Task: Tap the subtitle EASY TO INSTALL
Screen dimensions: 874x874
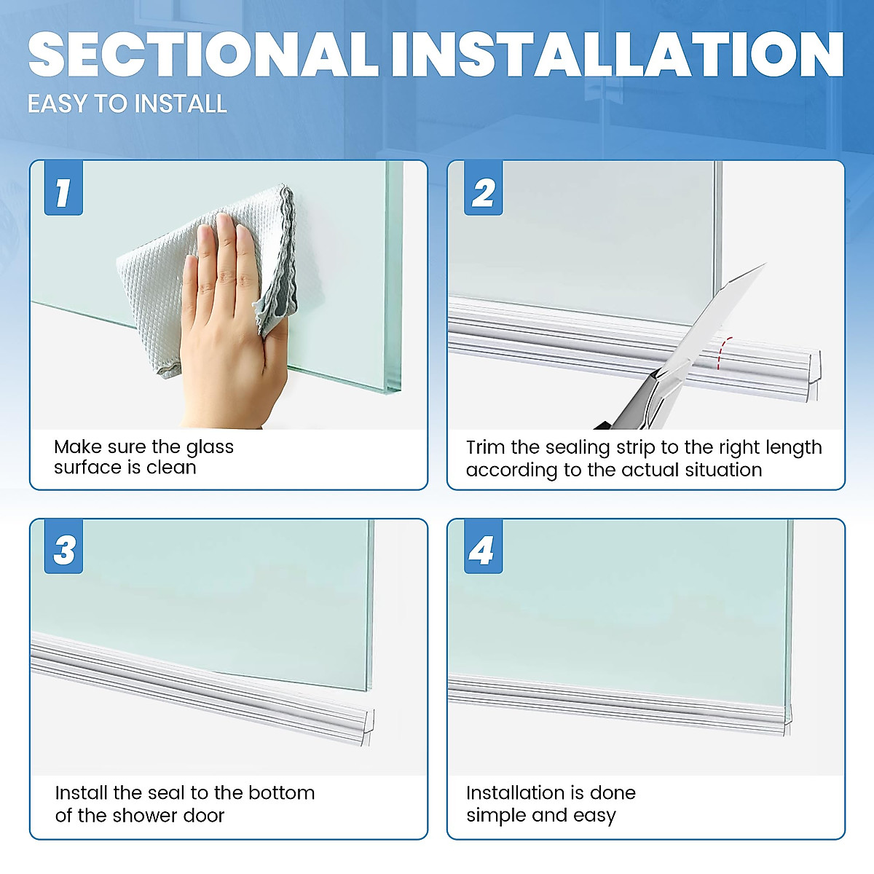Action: (x=127, y=104)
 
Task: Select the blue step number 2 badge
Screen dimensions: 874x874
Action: (x=483, y=193)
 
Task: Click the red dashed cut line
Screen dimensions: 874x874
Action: (x=721, y=353)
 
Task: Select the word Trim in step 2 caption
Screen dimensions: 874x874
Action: (x=485, y=447)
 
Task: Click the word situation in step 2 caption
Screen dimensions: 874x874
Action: (x=723, y=471)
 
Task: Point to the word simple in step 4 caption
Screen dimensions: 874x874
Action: (x=492, y=816)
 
